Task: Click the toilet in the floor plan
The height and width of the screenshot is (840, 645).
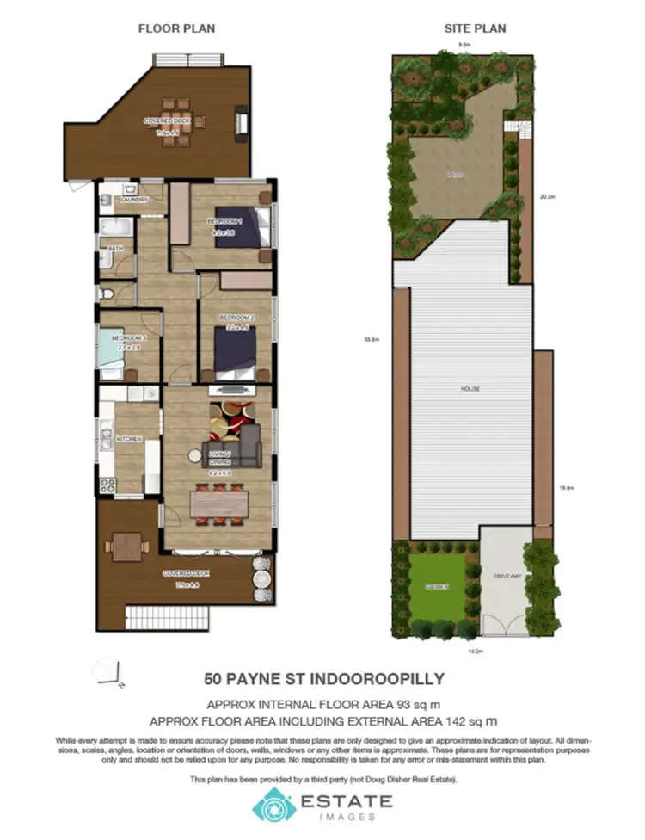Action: [105, 294]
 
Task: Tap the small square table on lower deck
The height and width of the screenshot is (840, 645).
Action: [125, 545]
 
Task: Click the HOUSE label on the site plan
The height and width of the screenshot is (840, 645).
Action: [470, 389]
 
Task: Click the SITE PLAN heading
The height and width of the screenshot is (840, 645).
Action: [475, 28]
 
